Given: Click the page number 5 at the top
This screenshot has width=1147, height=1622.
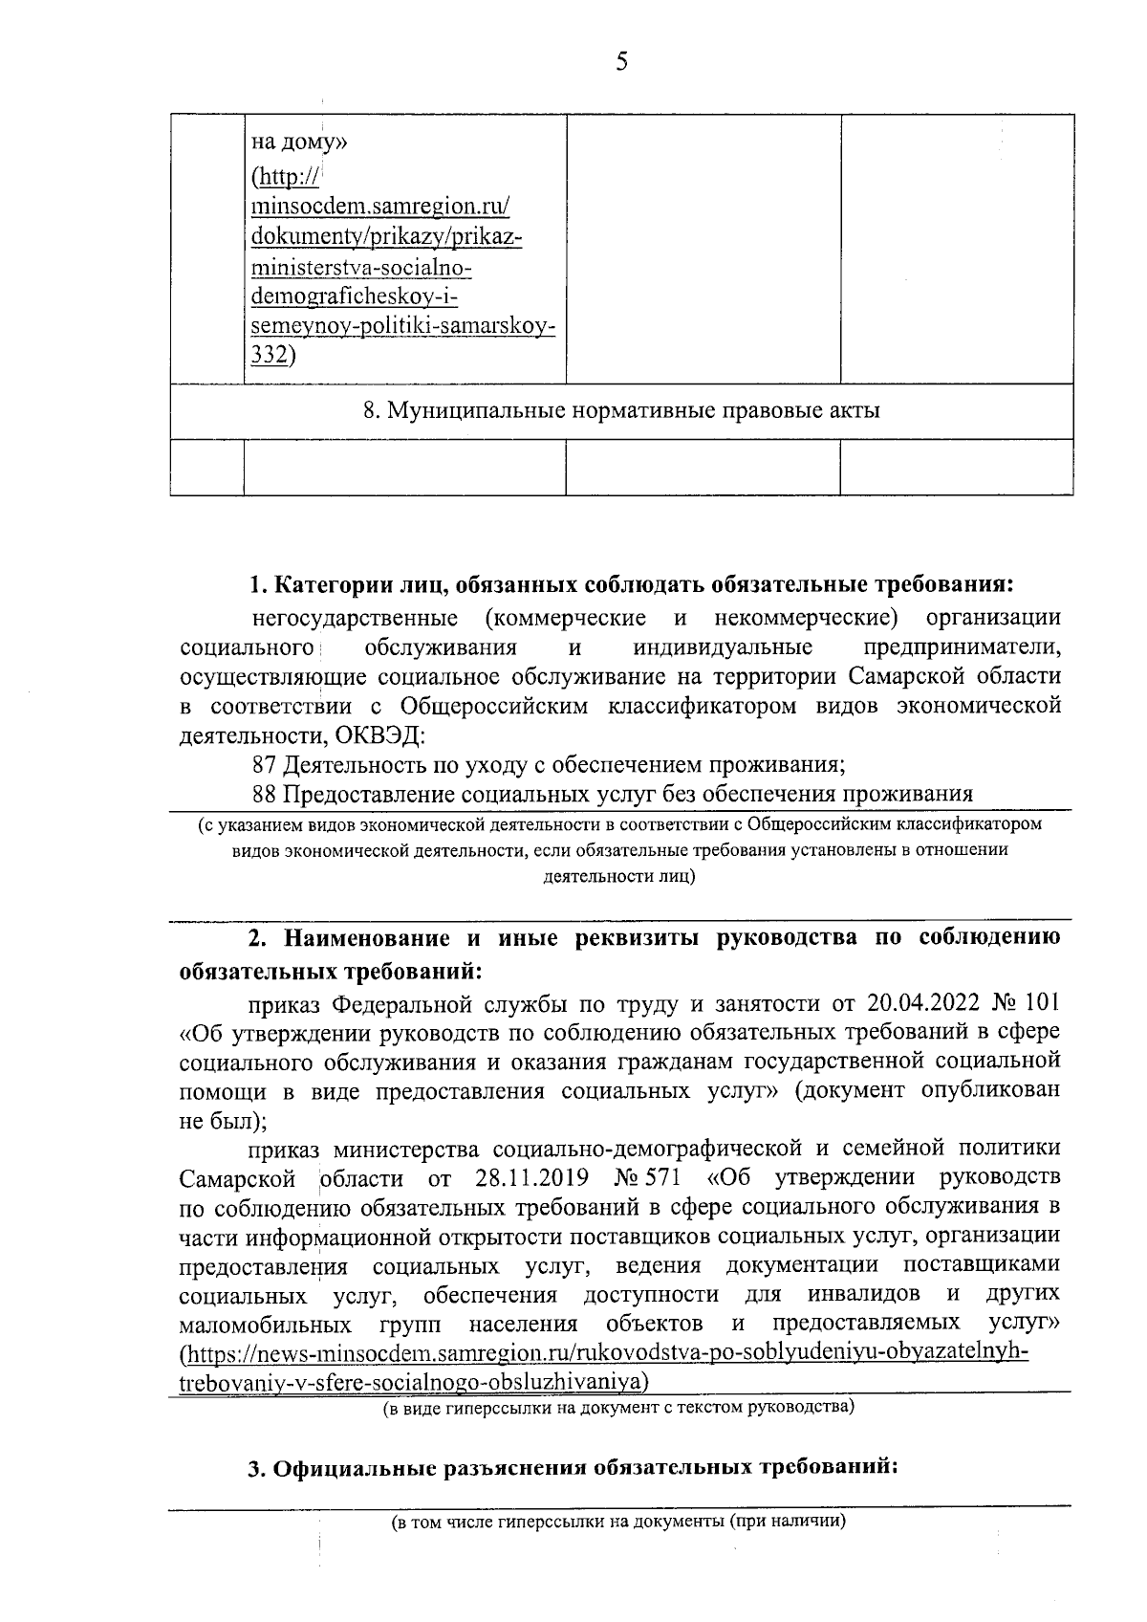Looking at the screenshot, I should tap(621, 63).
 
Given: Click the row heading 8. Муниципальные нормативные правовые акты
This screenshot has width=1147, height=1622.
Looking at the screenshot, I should tap(621, 411).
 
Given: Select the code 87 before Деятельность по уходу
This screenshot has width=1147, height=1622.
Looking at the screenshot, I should tap(264, 765).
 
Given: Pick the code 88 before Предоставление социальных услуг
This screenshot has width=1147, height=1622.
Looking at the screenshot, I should tap(264, 794).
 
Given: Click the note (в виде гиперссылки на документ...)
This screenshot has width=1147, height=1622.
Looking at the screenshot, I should tap(618, 1407).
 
